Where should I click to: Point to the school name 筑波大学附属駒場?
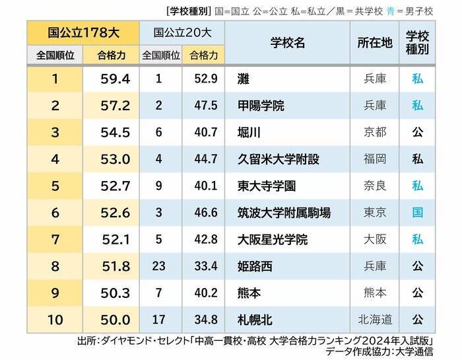pyautogui.click(x=284, y=213)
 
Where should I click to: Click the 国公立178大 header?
pyautogui.click(x=83, y=32)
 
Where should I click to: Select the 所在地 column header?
pyautogui.click(x=375, y=43)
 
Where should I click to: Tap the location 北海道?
pyautogui.click(x=374, y=320)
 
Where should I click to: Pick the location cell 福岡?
pyautogui.click(x=374, y=159)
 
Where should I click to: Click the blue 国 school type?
pyautogui.click(x=417, y=213)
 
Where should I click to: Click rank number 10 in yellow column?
pyautogui.click(x=55, y=320)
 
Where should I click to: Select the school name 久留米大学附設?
pyautogui.click(x=278, y=159)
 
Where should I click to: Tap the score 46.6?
pyautogui.click(x=203, y=213)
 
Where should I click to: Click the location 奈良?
pyautogui.click(x=374, y=186)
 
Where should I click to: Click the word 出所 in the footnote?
pyautogui.click(x=87, y=342)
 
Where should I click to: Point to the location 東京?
pyautogui.click(x=374, y=213)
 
